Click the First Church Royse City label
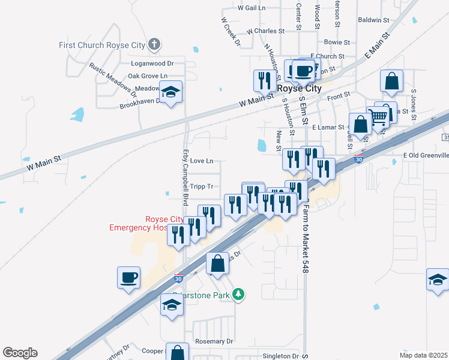(x=102, y=45)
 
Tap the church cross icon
(x=154, y=44)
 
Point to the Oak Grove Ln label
(x=147, y=76)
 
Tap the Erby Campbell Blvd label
(x=185, y=176)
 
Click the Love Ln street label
(x=201, y=161)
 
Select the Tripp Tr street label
(x=202, y=187)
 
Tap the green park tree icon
(x=239, y=294)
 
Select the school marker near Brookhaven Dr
(x=172, y=93)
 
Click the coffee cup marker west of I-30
(x=129, y=277)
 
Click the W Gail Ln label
(x=252, y=8)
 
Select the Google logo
(x=20, y=353)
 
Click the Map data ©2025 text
(x=423, y=355)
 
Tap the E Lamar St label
(x=328, y=127)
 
